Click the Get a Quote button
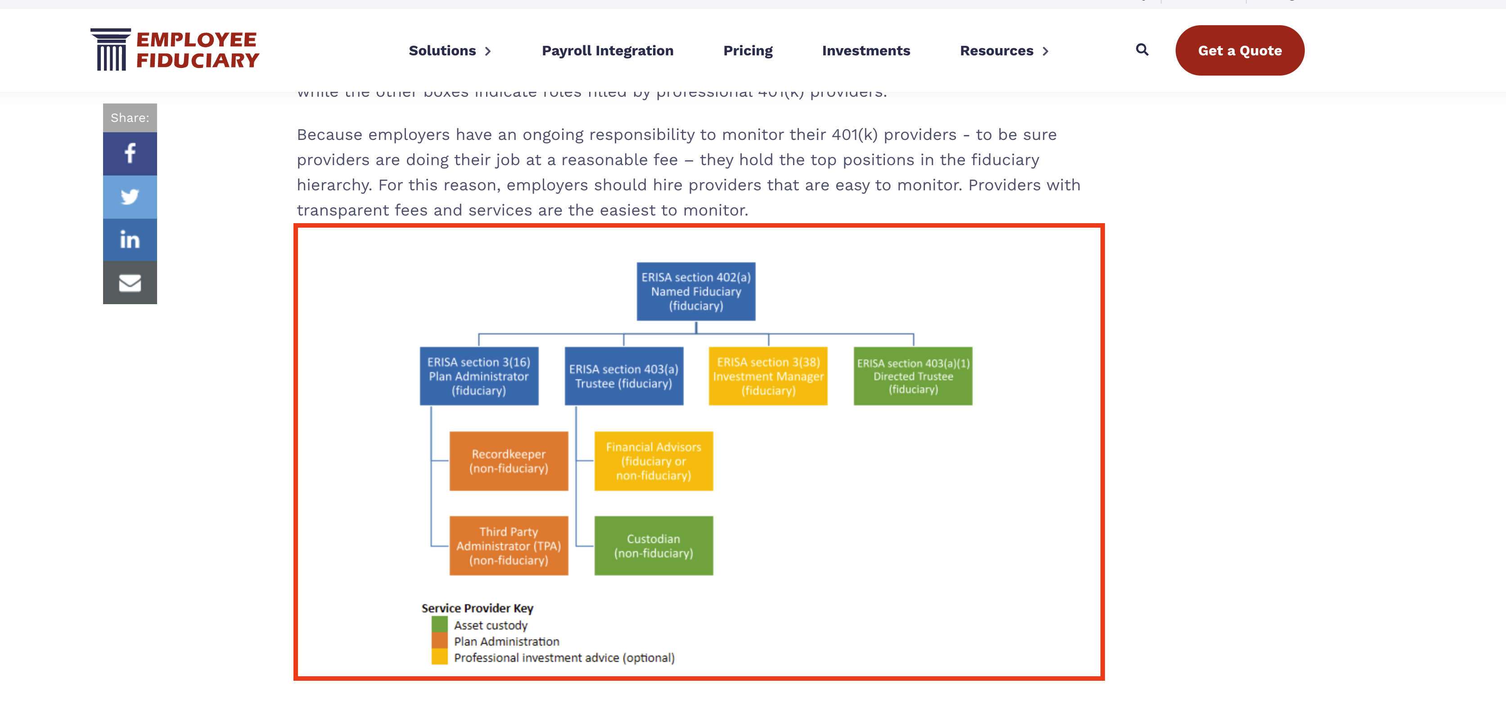1240,50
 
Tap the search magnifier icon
1142,49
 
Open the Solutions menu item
449,51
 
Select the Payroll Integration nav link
608,51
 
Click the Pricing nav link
748,51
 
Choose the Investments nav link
866,51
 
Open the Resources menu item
1004,51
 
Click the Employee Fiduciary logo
175,49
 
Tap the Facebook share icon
130,153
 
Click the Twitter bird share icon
130,197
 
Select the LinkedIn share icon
130,240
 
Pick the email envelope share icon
130,283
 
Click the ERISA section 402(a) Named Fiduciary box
696,291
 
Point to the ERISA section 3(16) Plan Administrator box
479,376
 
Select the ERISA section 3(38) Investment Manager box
768,376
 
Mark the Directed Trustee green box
913,376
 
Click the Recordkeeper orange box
509,461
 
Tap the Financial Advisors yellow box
654,461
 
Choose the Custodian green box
654,545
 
